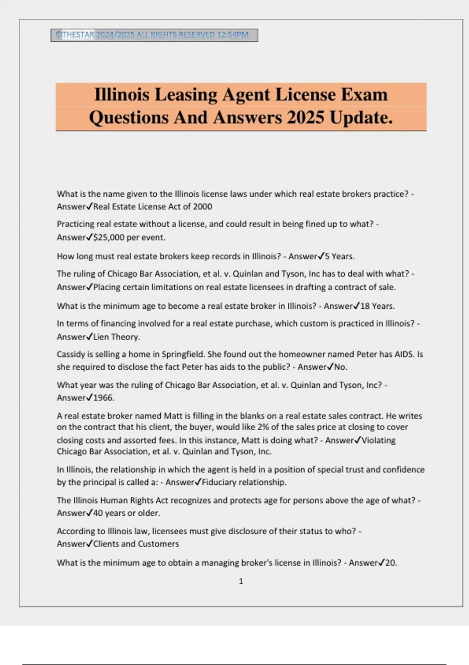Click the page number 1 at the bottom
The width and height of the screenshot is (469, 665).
(241, 581)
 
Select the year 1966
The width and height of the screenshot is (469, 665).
(104, 398)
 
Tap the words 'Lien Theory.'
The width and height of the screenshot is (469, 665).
(116, 337)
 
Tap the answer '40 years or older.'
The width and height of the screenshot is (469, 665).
(127, 513)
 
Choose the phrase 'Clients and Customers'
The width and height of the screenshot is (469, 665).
(136, 544)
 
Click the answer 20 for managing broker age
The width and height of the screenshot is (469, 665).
(391, 563)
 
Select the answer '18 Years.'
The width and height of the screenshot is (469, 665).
(378, 306)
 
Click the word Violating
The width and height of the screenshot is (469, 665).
(378, 440)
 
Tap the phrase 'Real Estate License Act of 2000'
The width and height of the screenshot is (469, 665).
(153, 207)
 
